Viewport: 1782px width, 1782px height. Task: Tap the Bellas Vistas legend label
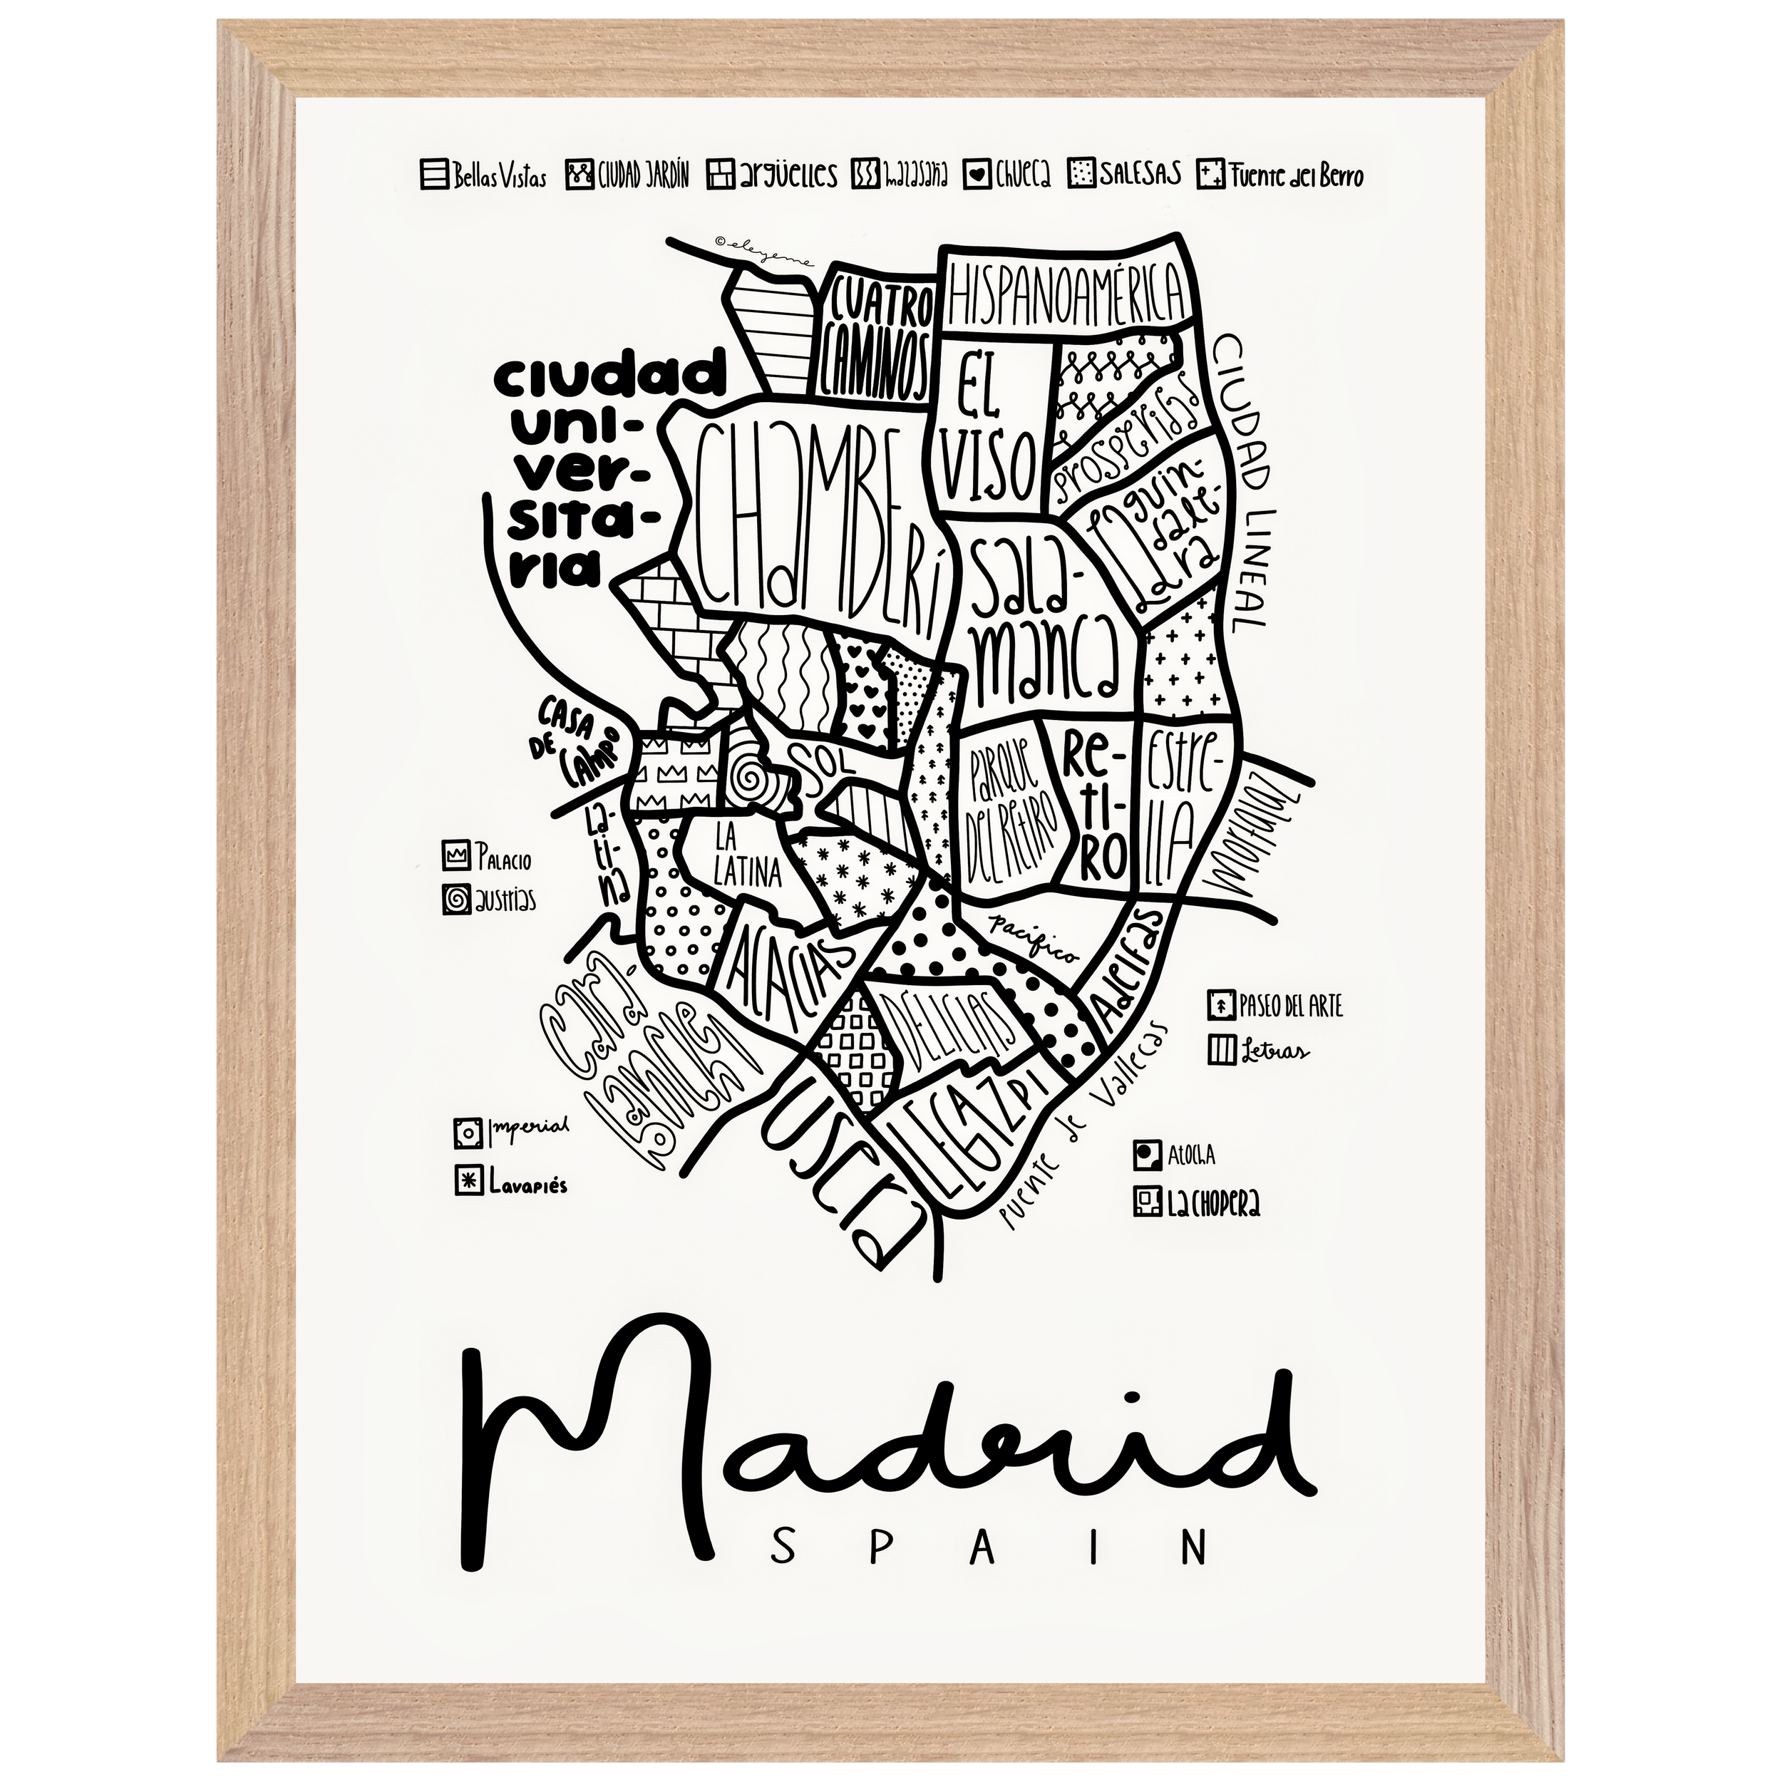tap(499, 177)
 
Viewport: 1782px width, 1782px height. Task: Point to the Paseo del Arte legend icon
tap(1220, 1004)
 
